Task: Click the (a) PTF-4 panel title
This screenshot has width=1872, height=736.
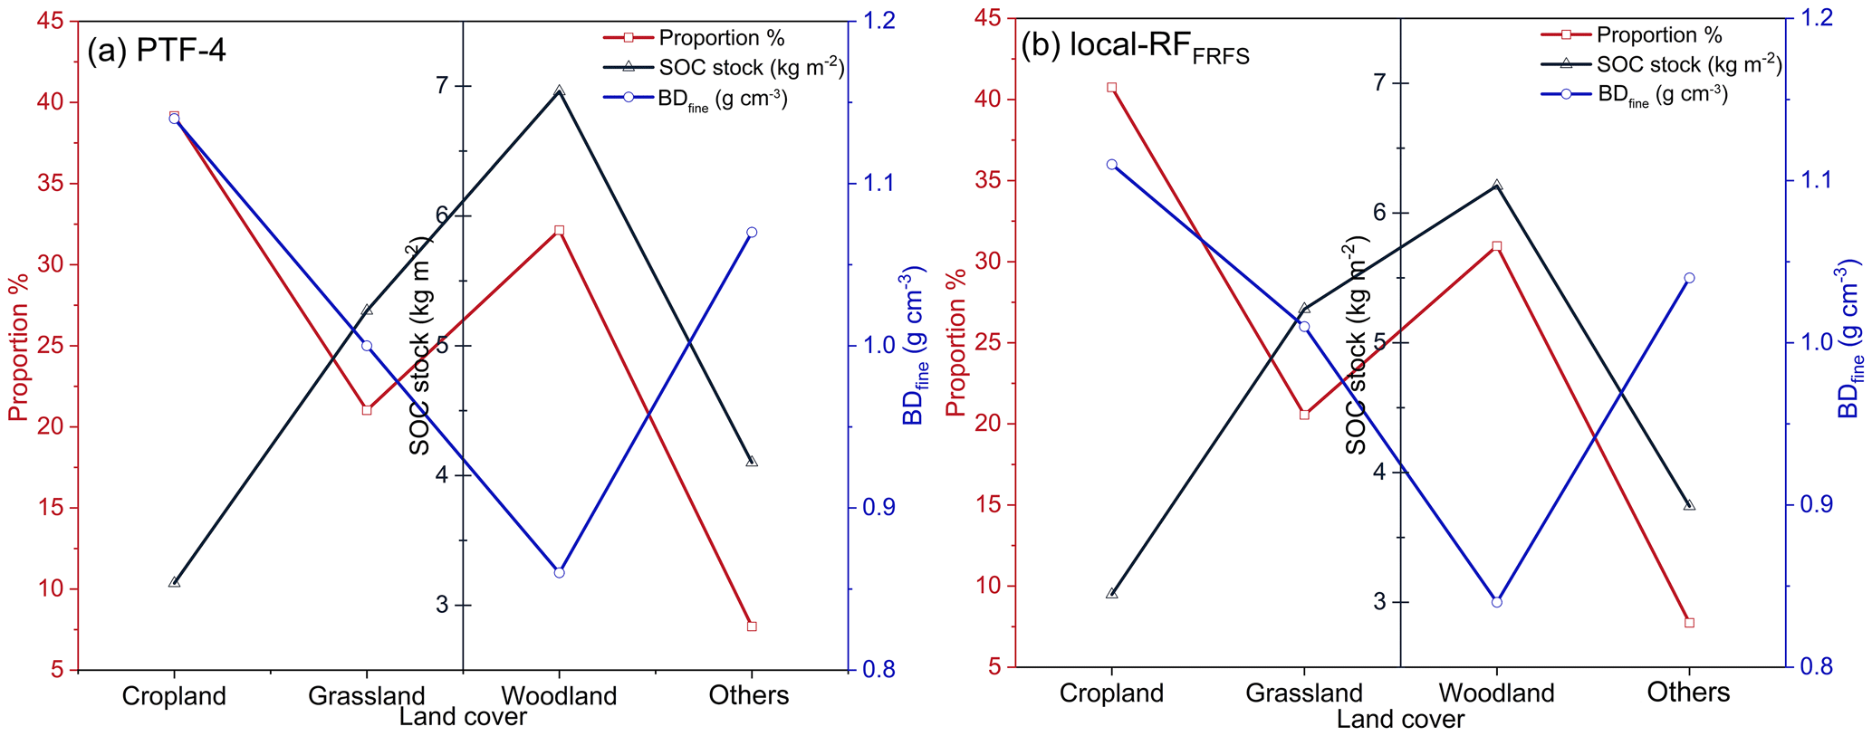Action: coord(157,50)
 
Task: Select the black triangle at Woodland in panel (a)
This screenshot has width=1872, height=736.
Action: coord(559,91)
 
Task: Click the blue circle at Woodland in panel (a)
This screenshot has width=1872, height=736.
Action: coord(559,572)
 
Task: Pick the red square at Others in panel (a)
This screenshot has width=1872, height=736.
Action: coord(752,626)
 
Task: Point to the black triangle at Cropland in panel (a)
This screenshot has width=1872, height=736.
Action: coord(174,582)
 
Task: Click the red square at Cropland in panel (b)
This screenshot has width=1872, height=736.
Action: coord(1111,88)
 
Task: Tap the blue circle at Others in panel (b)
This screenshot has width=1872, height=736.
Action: coord(1689,278)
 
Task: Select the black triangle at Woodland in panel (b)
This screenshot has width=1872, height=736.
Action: coord(1496,185)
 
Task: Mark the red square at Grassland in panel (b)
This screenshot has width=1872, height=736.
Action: coord(1304,414)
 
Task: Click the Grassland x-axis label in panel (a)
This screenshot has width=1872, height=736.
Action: coord(366,695)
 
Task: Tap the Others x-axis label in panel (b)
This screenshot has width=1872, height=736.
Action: coord(1688,693)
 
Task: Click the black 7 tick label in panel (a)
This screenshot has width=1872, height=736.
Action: coord(441,85)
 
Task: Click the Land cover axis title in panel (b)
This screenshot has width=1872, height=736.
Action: coord(1400,720)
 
